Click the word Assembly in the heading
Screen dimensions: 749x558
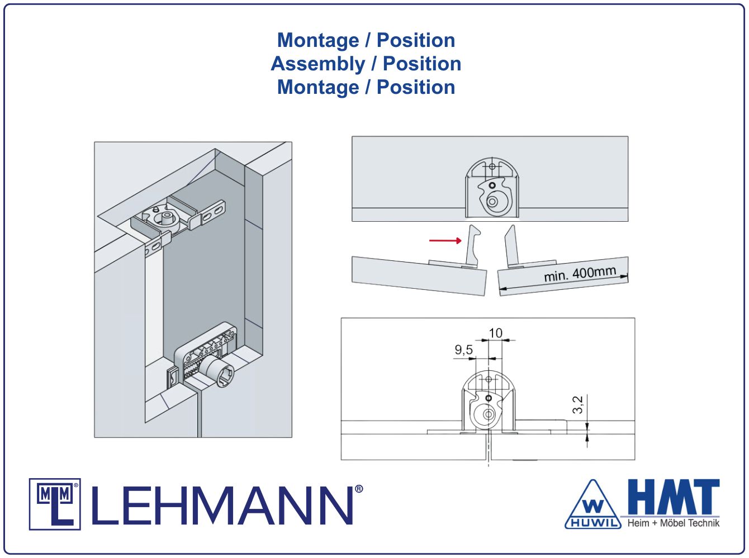coord(317,64)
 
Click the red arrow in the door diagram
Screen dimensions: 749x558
coord(445,241)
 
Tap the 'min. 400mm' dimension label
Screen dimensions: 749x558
coord(580,274)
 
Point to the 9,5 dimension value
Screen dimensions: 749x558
coord(463,350)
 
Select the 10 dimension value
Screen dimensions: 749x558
coord(495,333)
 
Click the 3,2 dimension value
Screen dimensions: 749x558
coord(577,405)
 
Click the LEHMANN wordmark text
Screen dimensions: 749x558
coord(222,506)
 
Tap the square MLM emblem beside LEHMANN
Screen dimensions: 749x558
coord(55,504)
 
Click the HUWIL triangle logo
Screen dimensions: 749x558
coord(593,505)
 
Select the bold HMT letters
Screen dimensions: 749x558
coord(674,497)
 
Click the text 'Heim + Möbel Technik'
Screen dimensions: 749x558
coord(674,523)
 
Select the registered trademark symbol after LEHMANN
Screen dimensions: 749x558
coord(359,489)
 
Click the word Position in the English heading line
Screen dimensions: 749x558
coord(422,64)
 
